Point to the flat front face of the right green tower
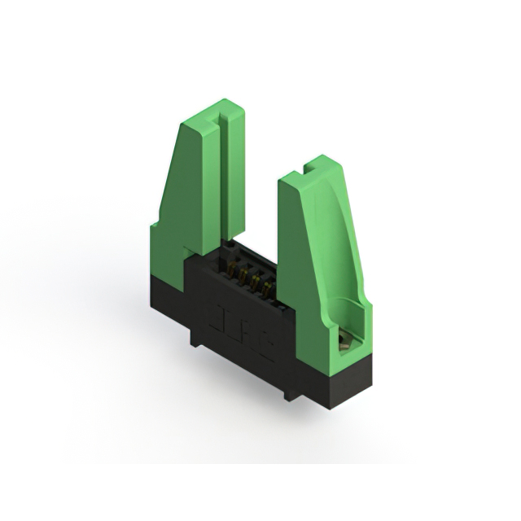[x=296, y=260]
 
